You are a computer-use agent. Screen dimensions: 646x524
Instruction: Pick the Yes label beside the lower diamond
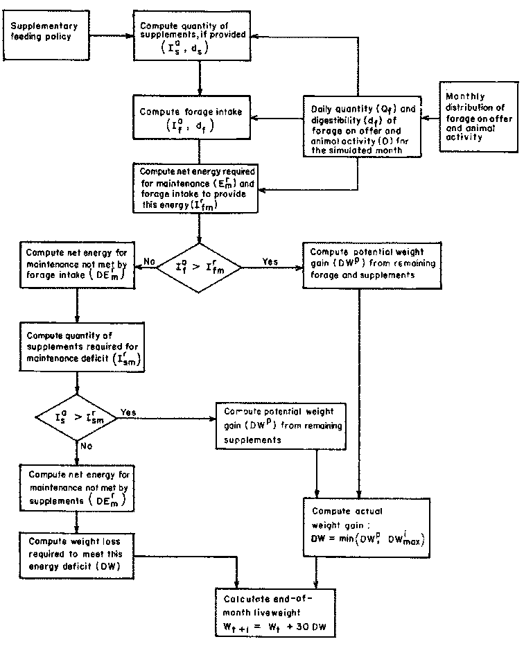pyautogui.click(x=129, y=412)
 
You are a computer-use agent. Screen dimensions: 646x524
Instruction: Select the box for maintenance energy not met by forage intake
pyautogui.click(x=76, y=265)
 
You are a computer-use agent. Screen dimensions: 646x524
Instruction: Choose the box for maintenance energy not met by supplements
pyautogui.click(x=76, y=486)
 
